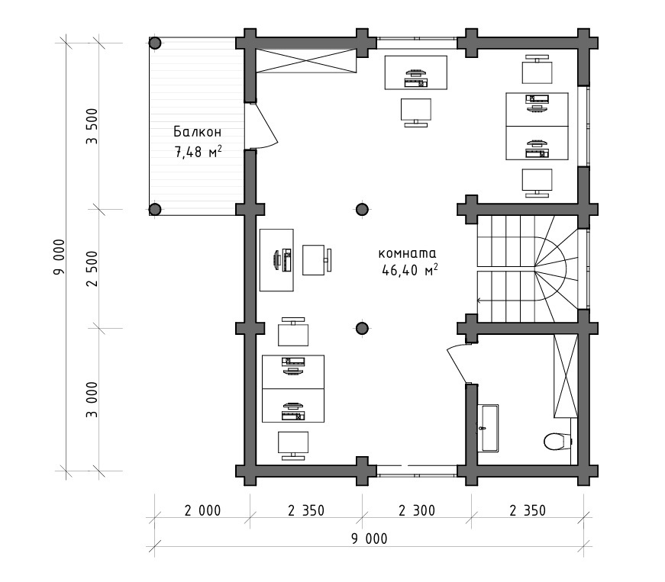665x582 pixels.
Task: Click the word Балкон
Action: [197, 132]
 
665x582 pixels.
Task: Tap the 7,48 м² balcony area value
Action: [198, 152]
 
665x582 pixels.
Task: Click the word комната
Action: [407, 253]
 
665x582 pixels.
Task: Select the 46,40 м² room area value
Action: [410, 270]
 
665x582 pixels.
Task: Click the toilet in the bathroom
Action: [557, 442]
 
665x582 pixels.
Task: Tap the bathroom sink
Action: [488, 428]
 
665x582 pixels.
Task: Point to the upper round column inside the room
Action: [362, 209]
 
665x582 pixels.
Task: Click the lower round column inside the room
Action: [362, 328]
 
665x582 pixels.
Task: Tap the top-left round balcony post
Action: [155, 43]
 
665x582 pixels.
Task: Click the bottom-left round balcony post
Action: [155, 209]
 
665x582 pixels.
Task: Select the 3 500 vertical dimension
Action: [92, 126]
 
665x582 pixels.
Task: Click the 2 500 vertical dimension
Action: [92, 268]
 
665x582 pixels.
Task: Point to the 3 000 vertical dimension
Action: [92, 400]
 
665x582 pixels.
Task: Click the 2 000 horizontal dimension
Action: [202, 510]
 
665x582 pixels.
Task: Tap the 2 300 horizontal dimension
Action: [417, 510]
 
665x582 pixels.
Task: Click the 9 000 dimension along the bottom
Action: [369, 539]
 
